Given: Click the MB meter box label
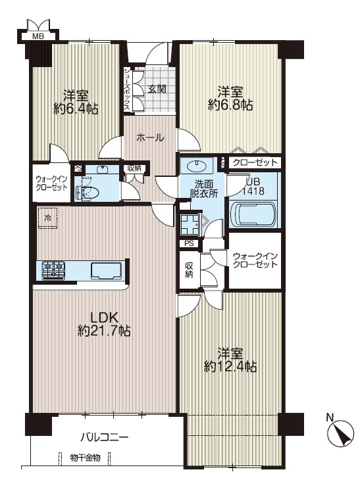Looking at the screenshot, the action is (38, 36).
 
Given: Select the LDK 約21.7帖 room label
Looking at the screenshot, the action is (104, 324).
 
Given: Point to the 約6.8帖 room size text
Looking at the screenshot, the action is (230, 104).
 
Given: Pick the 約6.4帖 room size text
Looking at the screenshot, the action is (76, 108).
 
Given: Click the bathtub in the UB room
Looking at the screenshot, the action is (253, 214).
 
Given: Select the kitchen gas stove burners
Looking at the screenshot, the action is (53, 270).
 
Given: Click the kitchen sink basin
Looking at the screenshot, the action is (107, 271).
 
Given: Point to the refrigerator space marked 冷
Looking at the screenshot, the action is (47, 218).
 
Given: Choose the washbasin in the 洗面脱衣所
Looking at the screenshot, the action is (197, 166).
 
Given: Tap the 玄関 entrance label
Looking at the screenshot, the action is (157, 89).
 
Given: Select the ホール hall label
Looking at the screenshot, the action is (150, 137).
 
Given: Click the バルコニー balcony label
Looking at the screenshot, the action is (105, 437).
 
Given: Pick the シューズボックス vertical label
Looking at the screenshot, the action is (127, 89).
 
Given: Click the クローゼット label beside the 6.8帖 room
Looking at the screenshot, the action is (255, 162).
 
